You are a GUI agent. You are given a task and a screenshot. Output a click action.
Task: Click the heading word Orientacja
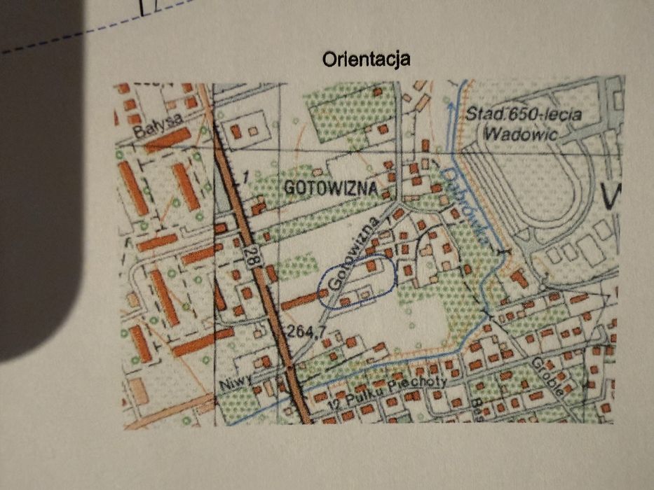coord(366,59)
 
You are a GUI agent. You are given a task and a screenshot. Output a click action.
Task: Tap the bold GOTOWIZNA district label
coord(331,188)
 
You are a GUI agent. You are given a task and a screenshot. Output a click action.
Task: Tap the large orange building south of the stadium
coord(519,278)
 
